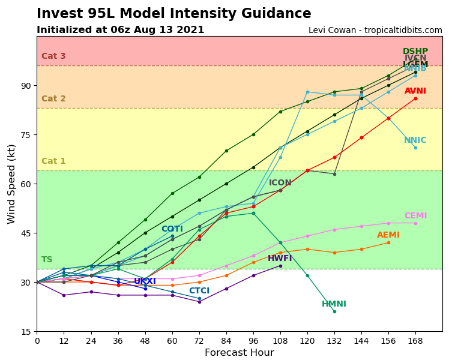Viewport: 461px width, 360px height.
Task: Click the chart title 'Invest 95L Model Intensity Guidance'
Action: (x=173, y=14)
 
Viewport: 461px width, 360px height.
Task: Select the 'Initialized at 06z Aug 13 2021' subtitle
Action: (x=120, y=30)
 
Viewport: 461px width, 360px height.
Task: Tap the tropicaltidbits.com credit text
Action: (x=375, y=31)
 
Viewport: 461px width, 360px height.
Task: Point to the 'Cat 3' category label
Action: (x=53, y=56)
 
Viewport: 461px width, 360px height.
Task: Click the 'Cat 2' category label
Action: (x=53, y=99)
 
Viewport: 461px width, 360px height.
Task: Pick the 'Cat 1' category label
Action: (x=53, y=161)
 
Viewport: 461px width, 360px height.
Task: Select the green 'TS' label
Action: (x=47, y=260)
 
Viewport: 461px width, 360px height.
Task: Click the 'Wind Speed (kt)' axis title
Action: (x=12, y=184)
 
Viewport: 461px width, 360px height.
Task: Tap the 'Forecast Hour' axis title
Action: (x=239, y=353)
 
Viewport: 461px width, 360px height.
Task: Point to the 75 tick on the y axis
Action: (x=25, y=135)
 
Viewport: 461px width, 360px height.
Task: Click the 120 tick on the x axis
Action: (x=307, y=341)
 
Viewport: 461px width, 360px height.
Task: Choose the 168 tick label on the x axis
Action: (x=415, y=341)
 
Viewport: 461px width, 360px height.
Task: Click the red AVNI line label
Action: (x=415, y=91)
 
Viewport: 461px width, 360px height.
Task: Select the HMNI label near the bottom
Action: (x=334, y=304)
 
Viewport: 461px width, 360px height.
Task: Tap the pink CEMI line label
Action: (x=415, y=216)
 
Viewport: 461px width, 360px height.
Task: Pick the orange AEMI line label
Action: (x=388, y=235)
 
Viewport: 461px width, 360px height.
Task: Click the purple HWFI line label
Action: (x=280, y=259)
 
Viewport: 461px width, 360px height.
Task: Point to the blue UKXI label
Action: (x=145, y=281)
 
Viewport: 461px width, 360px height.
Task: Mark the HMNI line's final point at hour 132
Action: (x=334, y=311)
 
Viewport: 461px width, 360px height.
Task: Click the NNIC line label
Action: (x=415, y=140)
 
